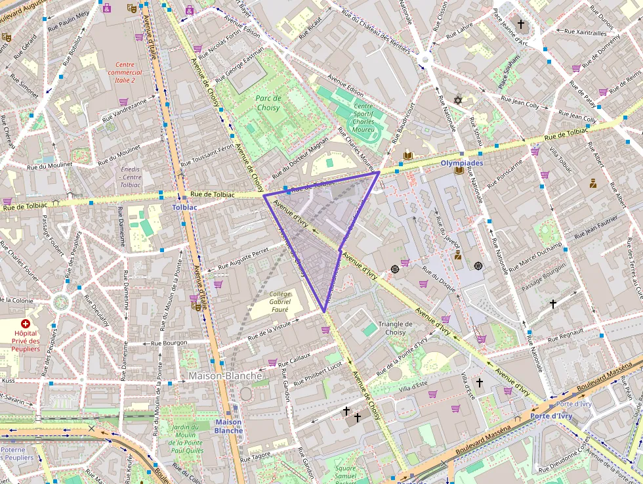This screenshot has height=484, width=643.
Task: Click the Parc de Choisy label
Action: click(x=268, y=103)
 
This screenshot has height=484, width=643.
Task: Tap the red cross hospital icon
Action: click(x=26, y=324)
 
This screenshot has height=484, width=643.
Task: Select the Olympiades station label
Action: click(x=462, y=162)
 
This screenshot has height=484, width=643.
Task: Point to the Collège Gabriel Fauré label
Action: click(x=280, y=301)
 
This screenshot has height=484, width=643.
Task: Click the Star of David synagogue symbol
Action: click(x=458, y=100)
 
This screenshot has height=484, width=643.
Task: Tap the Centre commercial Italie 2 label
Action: click(x=121, y=72)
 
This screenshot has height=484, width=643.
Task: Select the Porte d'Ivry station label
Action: click(x=551, y=416)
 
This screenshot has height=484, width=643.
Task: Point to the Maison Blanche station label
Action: click(x=228, y=426)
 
